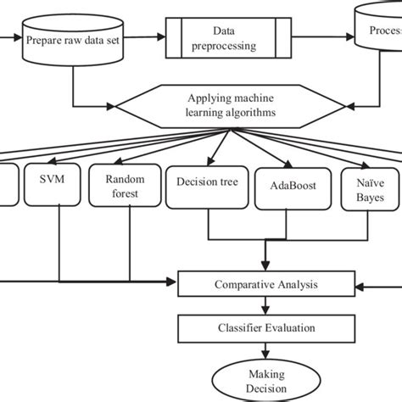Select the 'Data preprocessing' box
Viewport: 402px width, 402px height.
click(x=225, y=39)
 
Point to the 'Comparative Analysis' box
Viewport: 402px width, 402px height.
click(x=265, y=285)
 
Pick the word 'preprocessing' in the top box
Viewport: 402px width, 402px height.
click(x=225, y=47)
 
